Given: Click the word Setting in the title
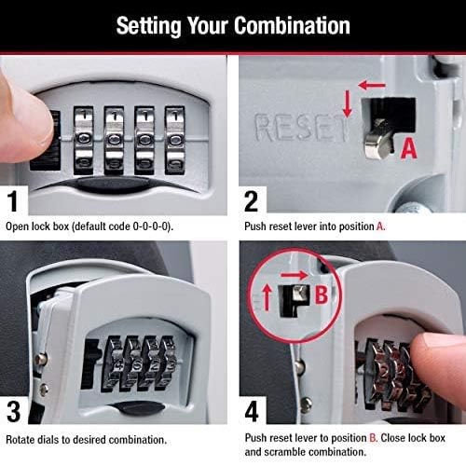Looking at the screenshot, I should pyautogui.click(x=145, y=25).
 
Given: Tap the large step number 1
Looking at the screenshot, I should pyautogui.click(x=13, y=199).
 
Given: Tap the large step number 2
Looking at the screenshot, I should pyautogui.click(x=251, y=199).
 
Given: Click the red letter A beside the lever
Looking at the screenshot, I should pyautogui.click(x=406, y=145).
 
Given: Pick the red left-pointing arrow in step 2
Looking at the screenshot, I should pyautogui.click(x=371, y=85).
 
